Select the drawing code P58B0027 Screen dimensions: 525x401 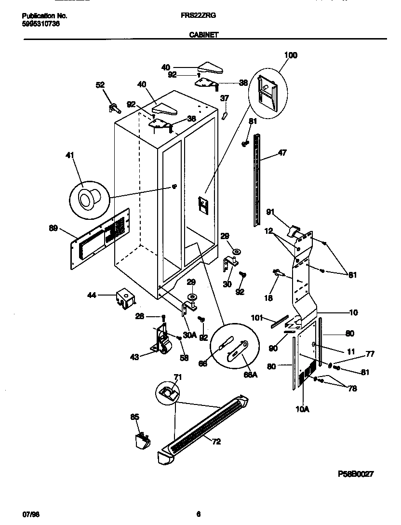(x=355, y=474)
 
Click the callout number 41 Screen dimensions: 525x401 (x=70, y=155)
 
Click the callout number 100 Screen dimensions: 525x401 (x=291, y=55)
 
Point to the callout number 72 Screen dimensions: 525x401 (x=216, y=441)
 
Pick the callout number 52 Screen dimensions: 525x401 (x=100, y=85)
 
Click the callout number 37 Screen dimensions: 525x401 (x=225, y=98)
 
